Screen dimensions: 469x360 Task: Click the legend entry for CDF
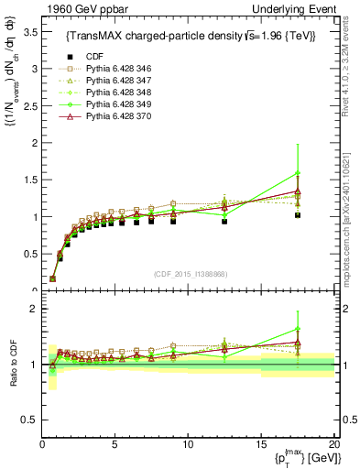93,56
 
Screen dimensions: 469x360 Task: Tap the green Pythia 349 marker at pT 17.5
297,172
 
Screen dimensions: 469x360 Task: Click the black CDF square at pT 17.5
297,215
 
